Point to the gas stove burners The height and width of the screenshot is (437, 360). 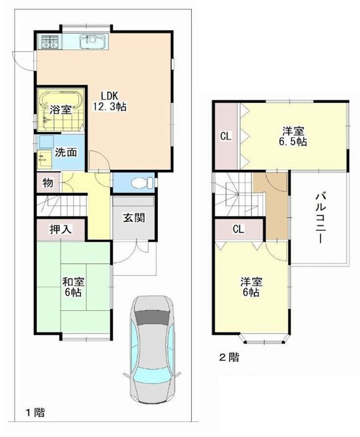pyautogui.click(x=48, y=41)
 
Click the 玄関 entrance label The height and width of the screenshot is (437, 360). pyautogui.click(x=133, y=217)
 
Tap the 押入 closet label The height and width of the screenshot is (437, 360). pyautogui.click(x=61, y=229)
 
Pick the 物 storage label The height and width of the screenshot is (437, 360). pyautogui.click(x=48, y=182)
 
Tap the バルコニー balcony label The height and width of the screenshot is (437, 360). pyautogui.click(x=320, y=218)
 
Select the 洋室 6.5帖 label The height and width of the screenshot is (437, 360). pyautogui.click(x=293, y=136)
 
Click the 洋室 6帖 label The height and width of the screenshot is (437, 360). pyautogui.click(x=252, y=287)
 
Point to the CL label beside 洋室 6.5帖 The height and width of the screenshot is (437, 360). pyautogui.click(x=226, y=137)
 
